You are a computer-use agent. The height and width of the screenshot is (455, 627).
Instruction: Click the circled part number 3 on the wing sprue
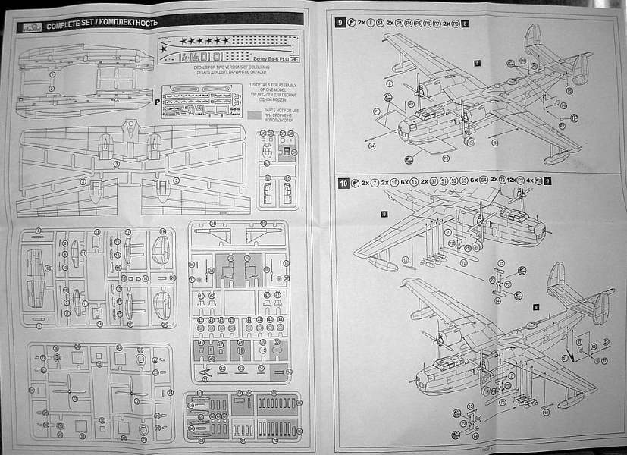(x=116, y=163)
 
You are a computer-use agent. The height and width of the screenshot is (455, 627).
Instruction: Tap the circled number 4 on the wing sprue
(x=83, y=182)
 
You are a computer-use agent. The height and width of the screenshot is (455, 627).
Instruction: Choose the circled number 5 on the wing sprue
(x=177, y=180)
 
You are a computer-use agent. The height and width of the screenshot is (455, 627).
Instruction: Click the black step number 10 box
(x=343, y=183)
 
